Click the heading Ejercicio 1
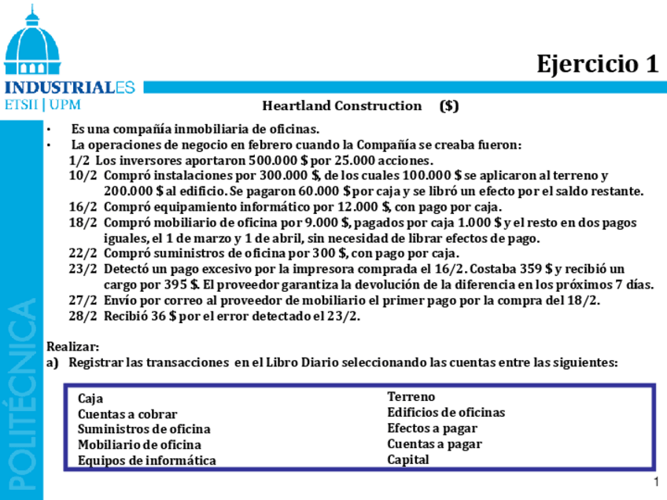tap(597, 64)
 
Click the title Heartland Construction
tap(341, 105)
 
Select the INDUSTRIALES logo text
tap(69, 87)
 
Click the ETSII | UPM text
tap(42, 105)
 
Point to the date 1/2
tap(79, 160)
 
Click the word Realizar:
tap(73, 346)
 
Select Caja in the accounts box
tap(90, 399)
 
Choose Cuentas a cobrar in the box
tap(127, 414)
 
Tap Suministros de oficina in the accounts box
tap(144, 429)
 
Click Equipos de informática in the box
tap(146, 461)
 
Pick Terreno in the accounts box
tap(411, 397)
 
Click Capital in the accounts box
tap(408, 460)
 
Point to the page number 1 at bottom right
tap(655, 482)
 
